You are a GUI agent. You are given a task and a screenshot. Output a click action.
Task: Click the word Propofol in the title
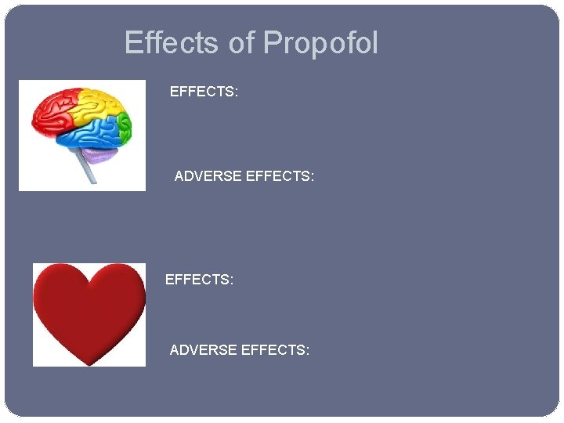320,43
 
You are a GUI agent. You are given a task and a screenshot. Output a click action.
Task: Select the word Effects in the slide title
172,42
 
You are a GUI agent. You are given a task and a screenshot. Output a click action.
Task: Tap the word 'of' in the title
242,42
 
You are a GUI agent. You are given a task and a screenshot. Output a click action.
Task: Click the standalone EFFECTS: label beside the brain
204,92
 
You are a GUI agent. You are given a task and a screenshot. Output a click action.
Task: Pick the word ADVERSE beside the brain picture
208,177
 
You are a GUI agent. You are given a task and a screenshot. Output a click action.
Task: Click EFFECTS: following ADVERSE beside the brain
280,177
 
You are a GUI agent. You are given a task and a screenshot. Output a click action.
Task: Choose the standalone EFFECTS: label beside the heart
199,279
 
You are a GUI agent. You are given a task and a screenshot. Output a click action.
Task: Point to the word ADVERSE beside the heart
203,349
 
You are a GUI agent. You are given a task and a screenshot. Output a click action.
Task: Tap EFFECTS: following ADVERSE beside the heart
275,349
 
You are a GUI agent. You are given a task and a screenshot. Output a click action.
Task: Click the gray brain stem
88,168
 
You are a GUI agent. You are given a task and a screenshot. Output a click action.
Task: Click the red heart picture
89,309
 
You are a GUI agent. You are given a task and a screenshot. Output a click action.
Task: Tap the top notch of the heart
89,277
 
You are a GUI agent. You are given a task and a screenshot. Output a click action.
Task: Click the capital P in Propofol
272,42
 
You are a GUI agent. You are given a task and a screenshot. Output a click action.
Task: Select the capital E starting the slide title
132,42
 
